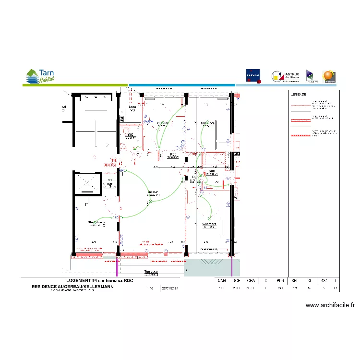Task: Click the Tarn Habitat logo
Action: point(40,76)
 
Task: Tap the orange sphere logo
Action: point(328,76)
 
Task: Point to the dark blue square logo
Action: point(253,76)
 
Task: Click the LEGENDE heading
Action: point(299,95)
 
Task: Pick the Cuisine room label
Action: point(163,123)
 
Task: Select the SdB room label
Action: point(212,171)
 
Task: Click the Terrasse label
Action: point(151,272)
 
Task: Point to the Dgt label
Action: point(195,178)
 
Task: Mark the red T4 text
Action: point(114,160)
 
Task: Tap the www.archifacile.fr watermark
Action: point(330,305)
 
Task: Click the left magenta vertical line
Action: point(118,266)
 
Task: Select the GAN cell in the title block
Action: point(221,280)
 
